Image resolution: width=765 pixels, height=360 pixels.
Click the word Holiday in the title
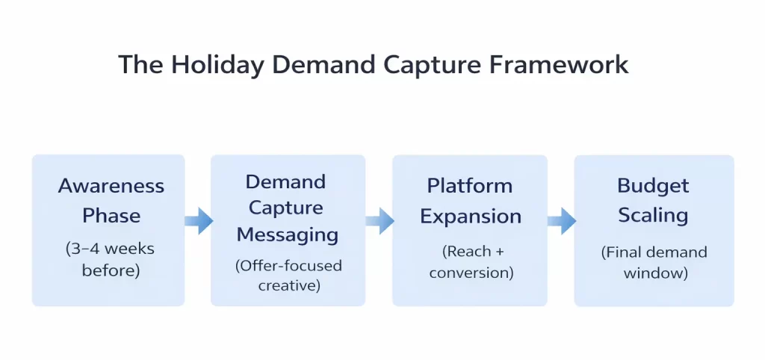[x=216, y=65]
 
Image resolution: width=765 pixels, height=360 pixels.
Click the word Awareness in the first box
[x=111, y=186]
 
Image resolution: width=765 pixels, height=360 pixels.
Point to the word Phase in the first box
[x=111, y=216]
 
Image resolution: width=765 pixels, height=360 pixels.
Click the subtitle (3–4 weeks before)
[x=111, y=258]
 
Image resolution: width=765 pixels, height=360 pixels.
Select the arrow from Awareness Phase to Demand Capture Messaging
[x=199, y=220]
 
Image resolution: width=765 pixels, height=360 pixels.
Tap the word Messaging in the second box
[x=288, y=235]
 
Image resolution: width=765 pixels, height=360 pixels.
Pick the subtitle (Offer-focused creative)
[x=288, y=275]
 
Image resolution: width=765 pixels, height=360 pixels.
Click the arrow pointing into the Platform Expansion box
[x=380, y=220]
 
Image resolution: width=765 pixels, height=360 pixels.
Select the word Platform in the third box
[x=469, y=186]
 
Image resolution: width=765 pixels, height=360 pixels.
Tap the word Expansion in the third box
[x=470, y=216]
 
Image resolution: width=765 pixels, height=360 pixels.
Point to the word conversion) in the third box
[x=471, y=273]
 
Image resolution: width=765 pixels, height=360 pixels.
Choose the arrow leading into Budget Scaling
[x=562, y=220]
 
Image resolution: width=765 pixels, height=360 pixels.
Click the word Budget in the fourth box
[x=653, y=186]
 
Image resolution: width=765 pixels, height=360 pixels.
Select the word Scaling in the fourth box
[x=653, y=216]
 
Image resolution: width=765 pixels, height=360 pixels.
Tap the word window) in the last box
[x=654, y=273]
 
